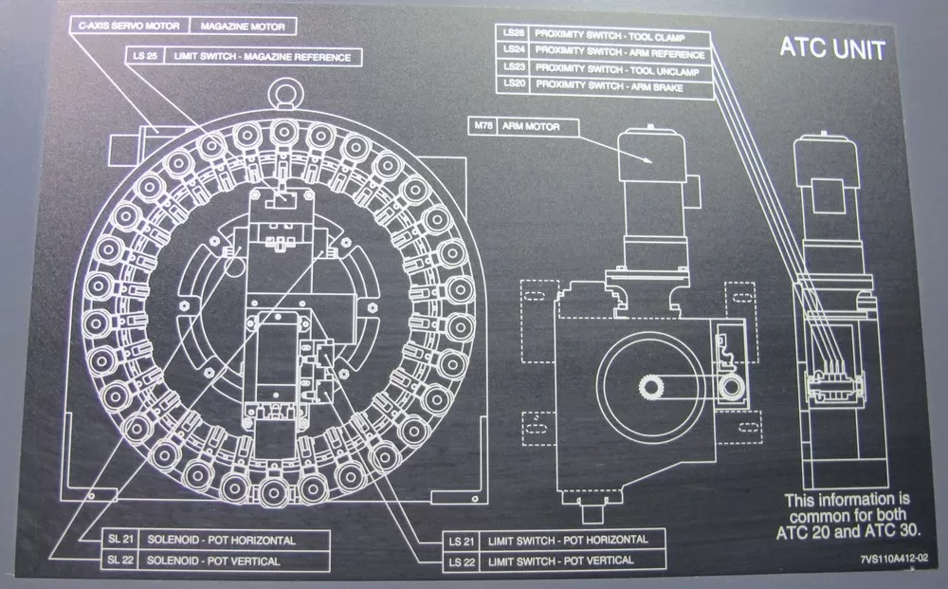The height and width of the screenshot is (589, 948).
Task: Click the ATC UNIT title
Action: click(832, 48)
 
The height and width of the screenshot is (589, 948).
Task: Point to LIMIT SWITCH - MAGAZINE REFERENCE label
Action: click(262, 58)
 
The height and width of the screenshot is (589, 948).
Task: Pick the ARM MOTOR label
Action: click(532, 125)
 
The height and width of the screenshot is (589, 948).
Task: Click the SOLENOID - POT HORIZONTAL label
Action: click(235, 541)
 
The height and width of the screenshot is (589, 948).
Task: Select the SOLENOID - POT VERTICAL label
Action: click(235, 561)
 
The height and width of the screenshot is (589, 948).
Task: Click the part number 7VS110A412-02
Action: click(894, 561)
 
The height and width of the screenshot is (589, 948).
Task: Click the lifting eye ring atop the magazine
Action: click(283, 93)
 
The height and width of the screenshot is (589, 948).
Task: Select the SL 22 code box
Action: click(120, 561)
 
